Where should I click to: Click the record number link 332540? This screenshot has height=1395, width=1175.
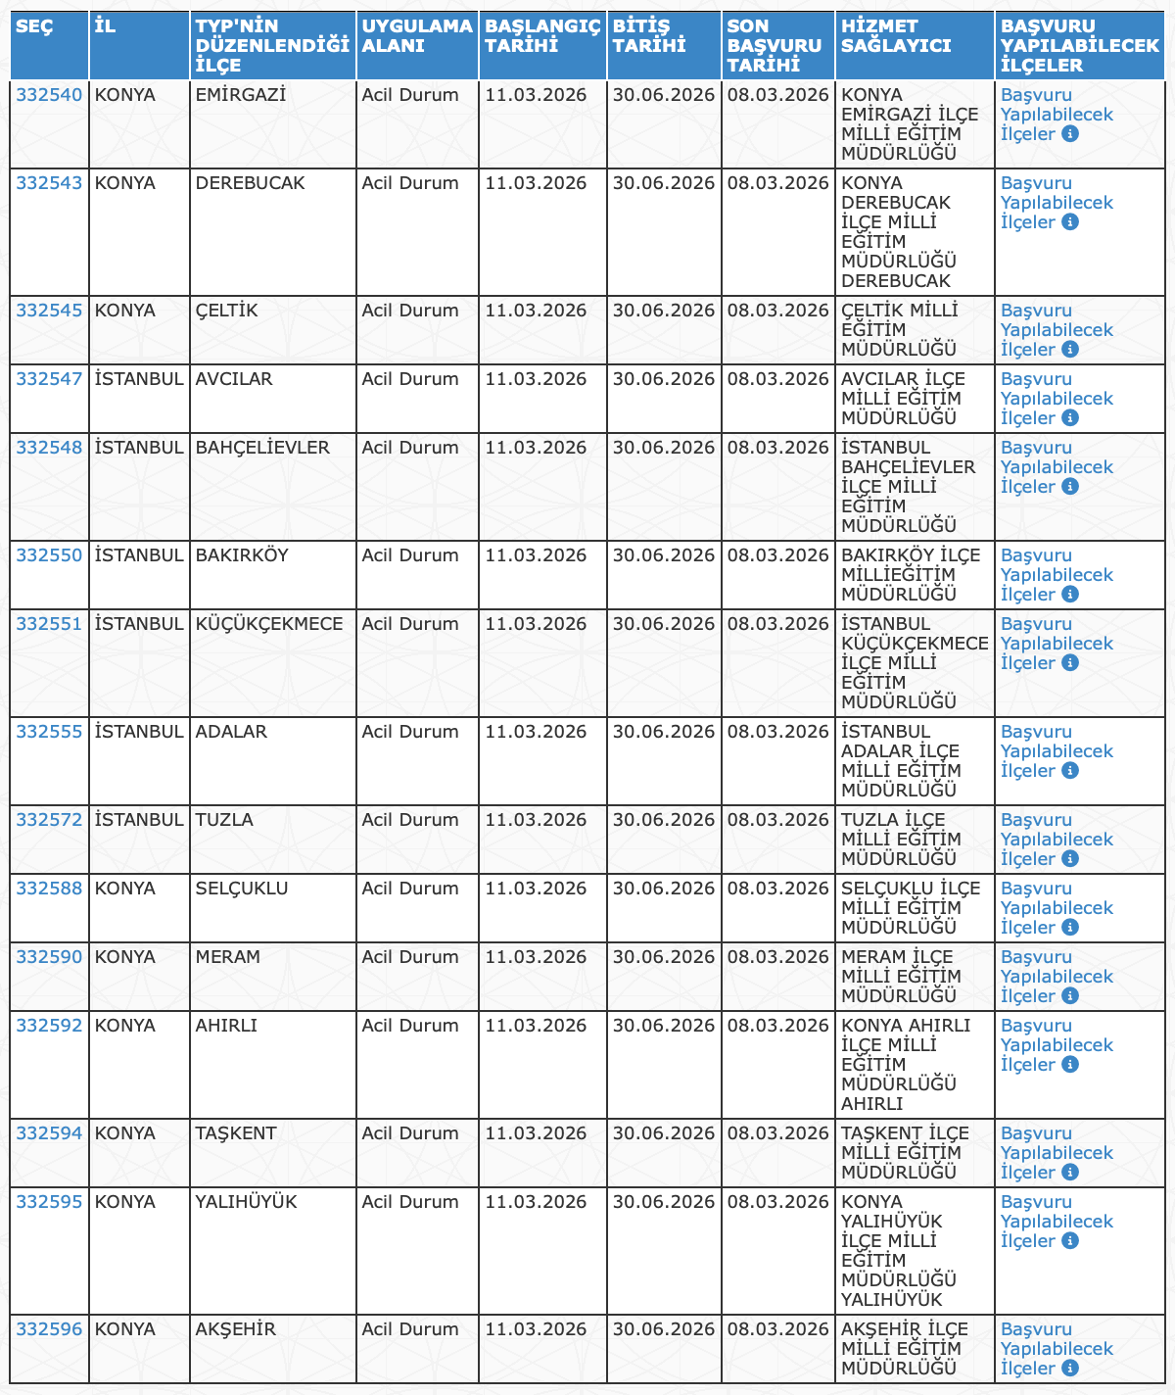49,95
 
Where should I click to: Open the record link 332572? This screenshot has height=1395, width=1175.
49,820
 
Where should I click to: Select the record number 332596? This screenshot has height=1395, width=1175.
49,1329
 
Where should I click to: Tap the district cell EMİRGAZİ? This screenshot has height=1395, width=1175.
240,95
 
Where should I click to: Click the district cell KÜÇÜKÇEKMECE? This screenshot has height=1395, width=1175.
269,624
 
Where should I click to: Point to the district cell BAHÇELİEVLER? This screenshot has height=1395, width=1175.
262,448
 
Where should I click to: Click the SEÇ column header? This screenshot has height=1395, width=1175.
34,26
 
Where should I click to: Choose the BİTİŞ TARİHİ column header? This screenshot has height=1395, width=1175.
649,36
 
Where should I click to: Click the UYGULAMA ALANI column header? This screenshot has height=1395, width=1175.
416,36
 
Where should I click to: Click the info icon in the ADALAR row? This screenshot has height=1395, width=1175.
1070,771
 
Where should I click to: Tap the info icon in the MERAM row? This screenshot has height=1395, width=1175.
1070,996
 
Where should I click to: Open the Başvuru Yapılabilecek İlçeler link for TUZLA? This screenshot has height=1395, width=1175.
1057,840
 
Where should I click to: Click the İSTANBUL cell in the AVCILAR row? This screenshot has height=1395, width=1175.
139,379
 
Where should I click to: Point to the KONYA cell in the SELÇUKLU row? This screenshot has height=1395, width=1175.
124,889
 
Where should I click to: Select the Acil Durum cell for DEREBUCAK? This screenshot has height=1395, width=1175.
409,183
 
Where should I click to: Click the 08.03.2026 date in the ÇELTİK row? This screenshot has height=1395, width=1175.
778,311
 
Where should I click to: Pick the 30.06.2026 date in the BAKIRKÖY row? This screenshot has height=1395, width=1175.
664,555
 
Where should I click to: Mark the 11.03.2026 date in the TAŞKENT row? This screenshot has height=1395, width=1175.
536,1133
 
